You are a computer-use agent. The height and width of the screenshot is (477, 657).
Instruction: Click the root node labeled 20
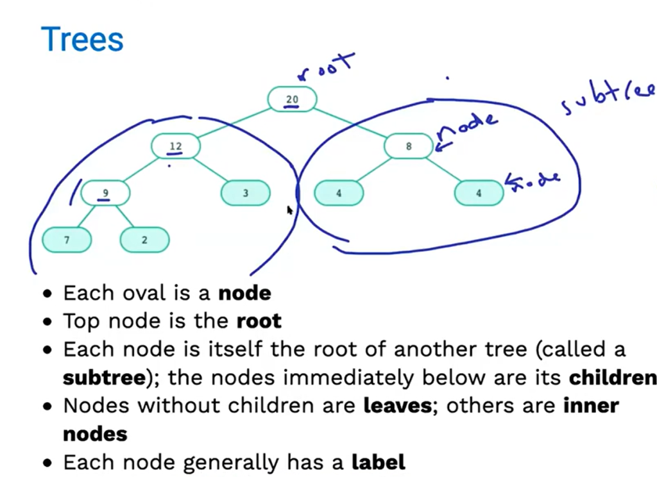(292, 99)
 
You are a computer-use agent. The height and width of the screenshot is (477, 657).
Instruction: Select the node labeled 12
(175, 146)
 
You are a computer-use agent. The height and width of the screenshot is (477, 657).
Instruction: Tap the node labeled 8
(409, 146)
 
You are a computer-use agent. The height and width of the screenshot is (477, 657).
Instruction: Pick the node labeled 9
(106, 192)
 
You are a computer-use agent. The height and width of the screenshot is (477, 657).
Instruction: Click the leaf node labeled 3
(245, 193)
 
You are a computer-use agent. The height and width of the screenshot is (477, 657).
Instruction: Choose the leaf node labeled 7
(67, 240)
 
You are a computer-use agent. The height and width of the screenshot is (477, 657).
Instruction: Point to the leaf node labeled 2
(144, 240)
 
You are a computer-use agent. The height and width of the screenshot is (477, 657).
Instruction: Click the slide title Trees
(81, 39)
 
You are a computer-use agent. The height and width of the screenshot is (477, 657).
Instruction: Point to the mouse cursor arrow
(289, 209)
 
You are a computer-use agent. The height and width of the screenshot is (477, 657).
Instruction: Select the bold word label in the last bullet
(379, 462)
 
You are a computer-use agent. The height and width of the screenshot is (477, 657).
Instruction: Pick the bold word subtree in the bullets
(105, 378)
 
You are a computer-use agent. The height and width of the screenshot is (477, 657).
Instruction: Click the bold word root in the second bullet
(259, 321)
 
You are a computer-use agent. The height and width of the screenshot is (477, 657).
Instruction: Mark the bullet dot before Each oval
(47, 295)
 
